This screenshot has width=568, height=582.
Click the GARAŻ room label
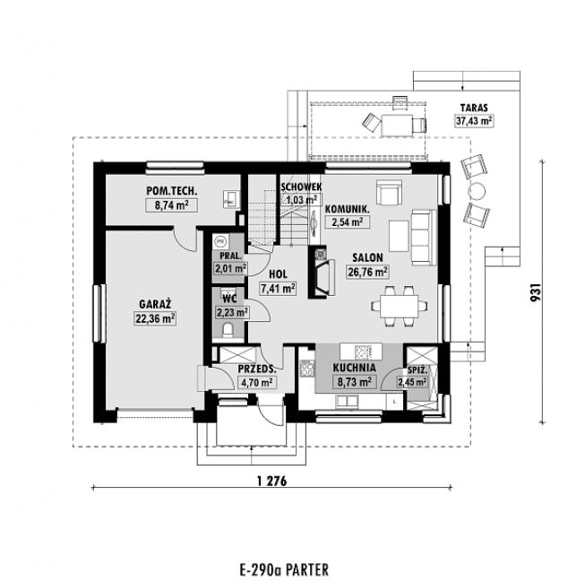[x=155, y=304]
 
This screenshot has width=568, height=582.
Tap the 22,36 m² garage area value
[x=155, y=317]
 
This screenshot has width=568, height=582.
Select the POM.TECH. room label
[x=171, y=192]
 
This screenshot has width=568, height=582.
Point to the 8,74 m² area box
[x=171, y=205]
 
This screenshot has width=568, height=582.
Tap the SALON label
[x=367, y=256]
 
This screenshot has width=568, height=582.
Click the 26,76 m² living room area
[x=367, y=271]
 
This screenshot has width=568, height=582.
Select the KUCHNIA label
[x=354, y=368]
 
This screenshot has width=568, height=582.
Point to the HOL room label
[x=278, y=275]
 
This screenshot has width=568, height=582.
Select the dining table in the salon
[x=394, y=303]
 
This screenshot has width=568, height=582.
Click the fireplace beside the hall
[x=320, y=271]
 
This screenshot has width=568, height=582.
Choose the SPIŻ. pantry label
[x=416, y=369]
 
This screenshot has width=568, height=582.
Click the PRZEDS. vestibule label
[x=255, y=369]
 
